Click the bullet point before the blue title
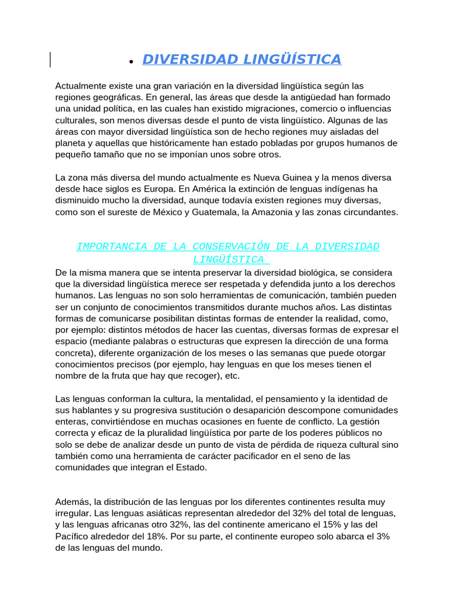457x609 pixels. pyautogui.click(x=130, y=61)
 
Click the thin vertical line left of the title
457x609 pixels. pyautogui.click(x=50, y=59)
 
